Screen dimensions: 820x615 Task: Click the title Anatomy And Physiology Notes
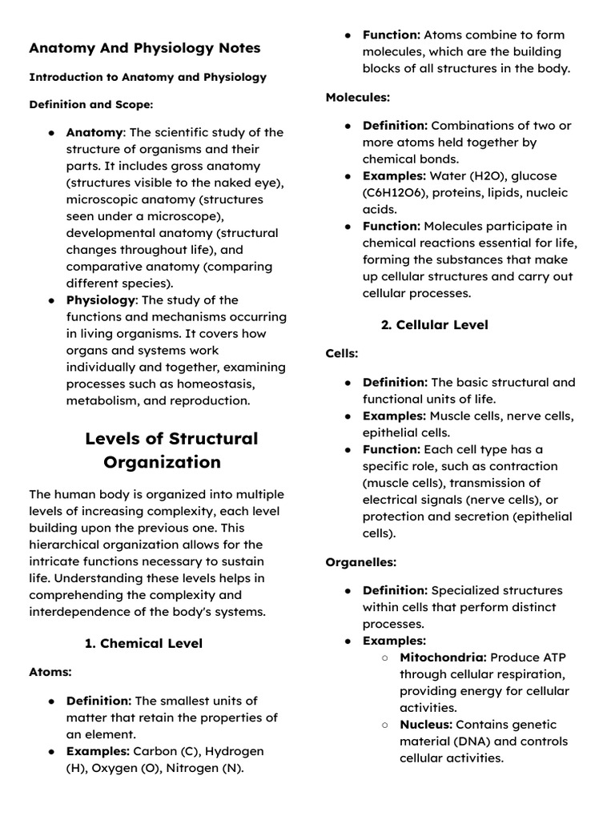[x=144, y=48]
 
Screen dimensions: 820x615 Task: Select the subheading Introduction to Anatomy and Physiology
[x=147, y=78]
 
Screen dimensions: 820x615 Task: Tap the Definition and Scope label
[x=90, y=105]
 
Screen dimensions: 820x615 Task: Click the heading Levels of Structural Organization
[x=171, y=450]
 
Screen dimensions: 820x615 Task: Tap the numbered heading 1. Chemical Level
[x=143, y=643]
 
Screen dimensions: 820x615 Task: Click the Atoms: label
[x=50, y=672]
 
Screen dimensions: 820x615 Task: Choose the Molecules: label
[x=357, y=97]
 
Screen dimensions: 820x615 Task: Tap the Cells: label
[x=342, y=353]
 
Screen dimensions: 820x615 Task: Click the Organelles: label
[x=360, y=562]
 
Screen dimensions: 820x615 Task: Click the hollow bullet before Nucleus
[x=384, y=725]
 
